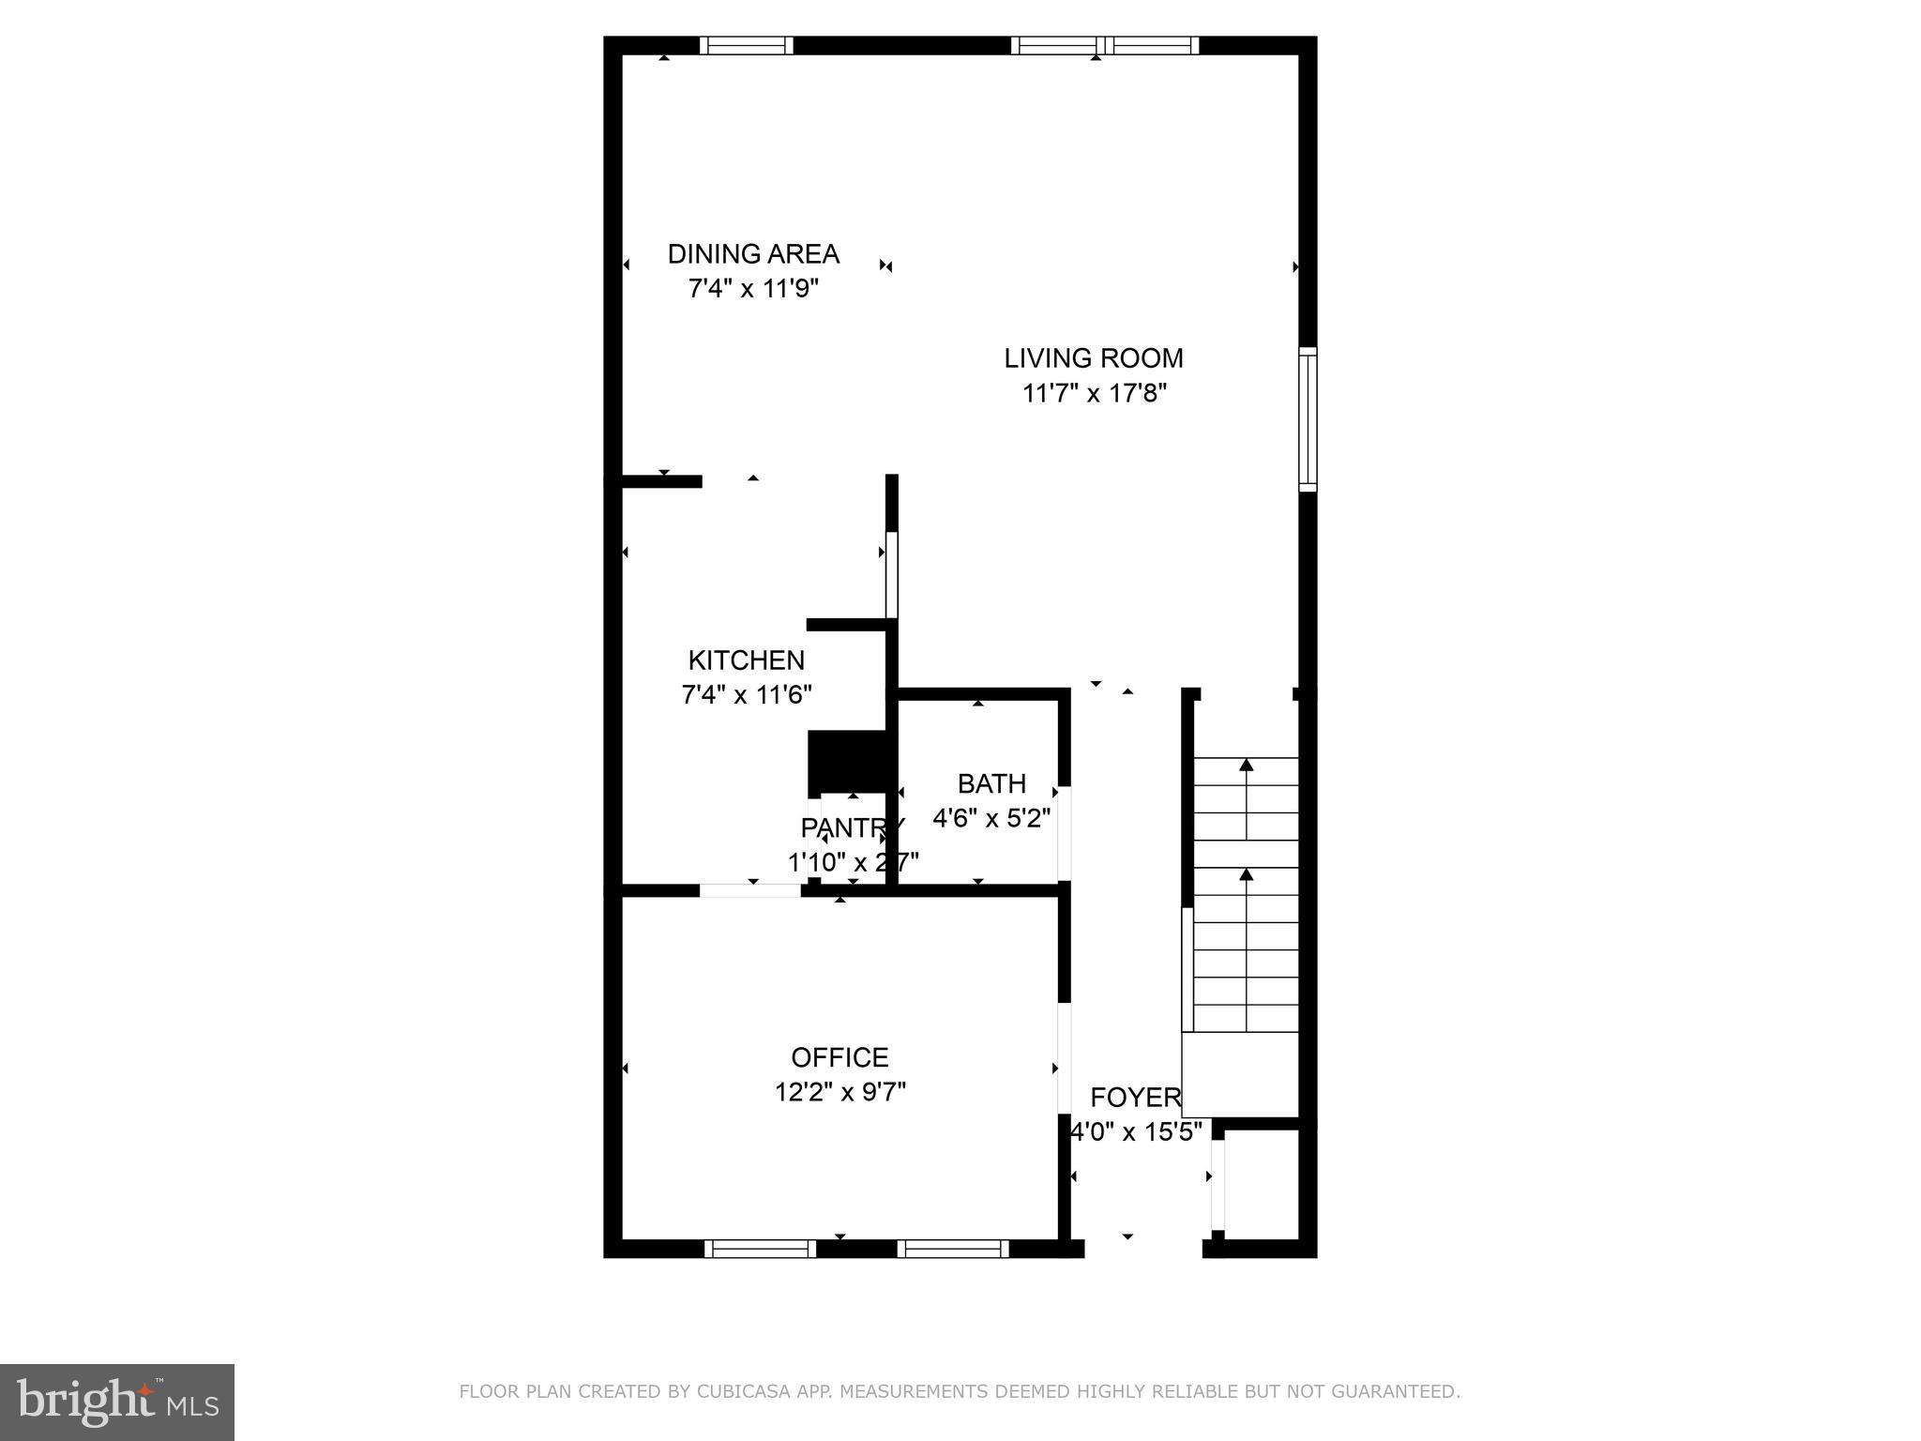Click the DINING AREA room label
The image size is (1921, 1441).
coord(753,254)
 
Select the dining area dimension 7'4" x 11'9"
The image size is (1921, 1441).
coord(753,289)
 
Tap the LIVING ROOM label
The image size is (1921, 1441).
coord(1094,358)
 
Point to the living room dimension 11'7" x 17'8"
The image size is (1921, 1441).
coord(1094,393)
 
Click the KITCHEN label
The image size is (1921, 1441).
coord(747,660)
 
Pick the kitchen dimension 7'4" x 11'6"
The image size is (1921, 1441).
coord(747,695)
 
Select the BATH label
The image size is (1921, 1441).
coord(991,783)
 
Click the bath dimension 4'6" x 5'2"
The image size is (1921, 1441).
coord(991,818)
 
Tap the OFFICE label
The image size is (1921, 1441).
coord(839,1058)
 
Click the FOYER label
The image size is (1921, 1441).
coord(1135,1098)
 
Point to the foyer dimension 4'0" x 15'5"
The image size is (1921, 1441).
coord(1136,1132)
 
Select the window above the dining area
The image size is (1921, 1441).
coord(747,45)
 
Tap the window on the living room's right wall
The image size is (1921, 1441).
coord(1308,419)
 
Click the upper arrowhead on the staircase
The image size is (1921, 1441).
coord(1246,765)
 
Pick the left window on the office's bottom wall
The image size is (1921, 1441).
coord(760,1249)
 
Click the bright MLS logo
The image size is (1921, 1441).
coord(117,1402)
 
